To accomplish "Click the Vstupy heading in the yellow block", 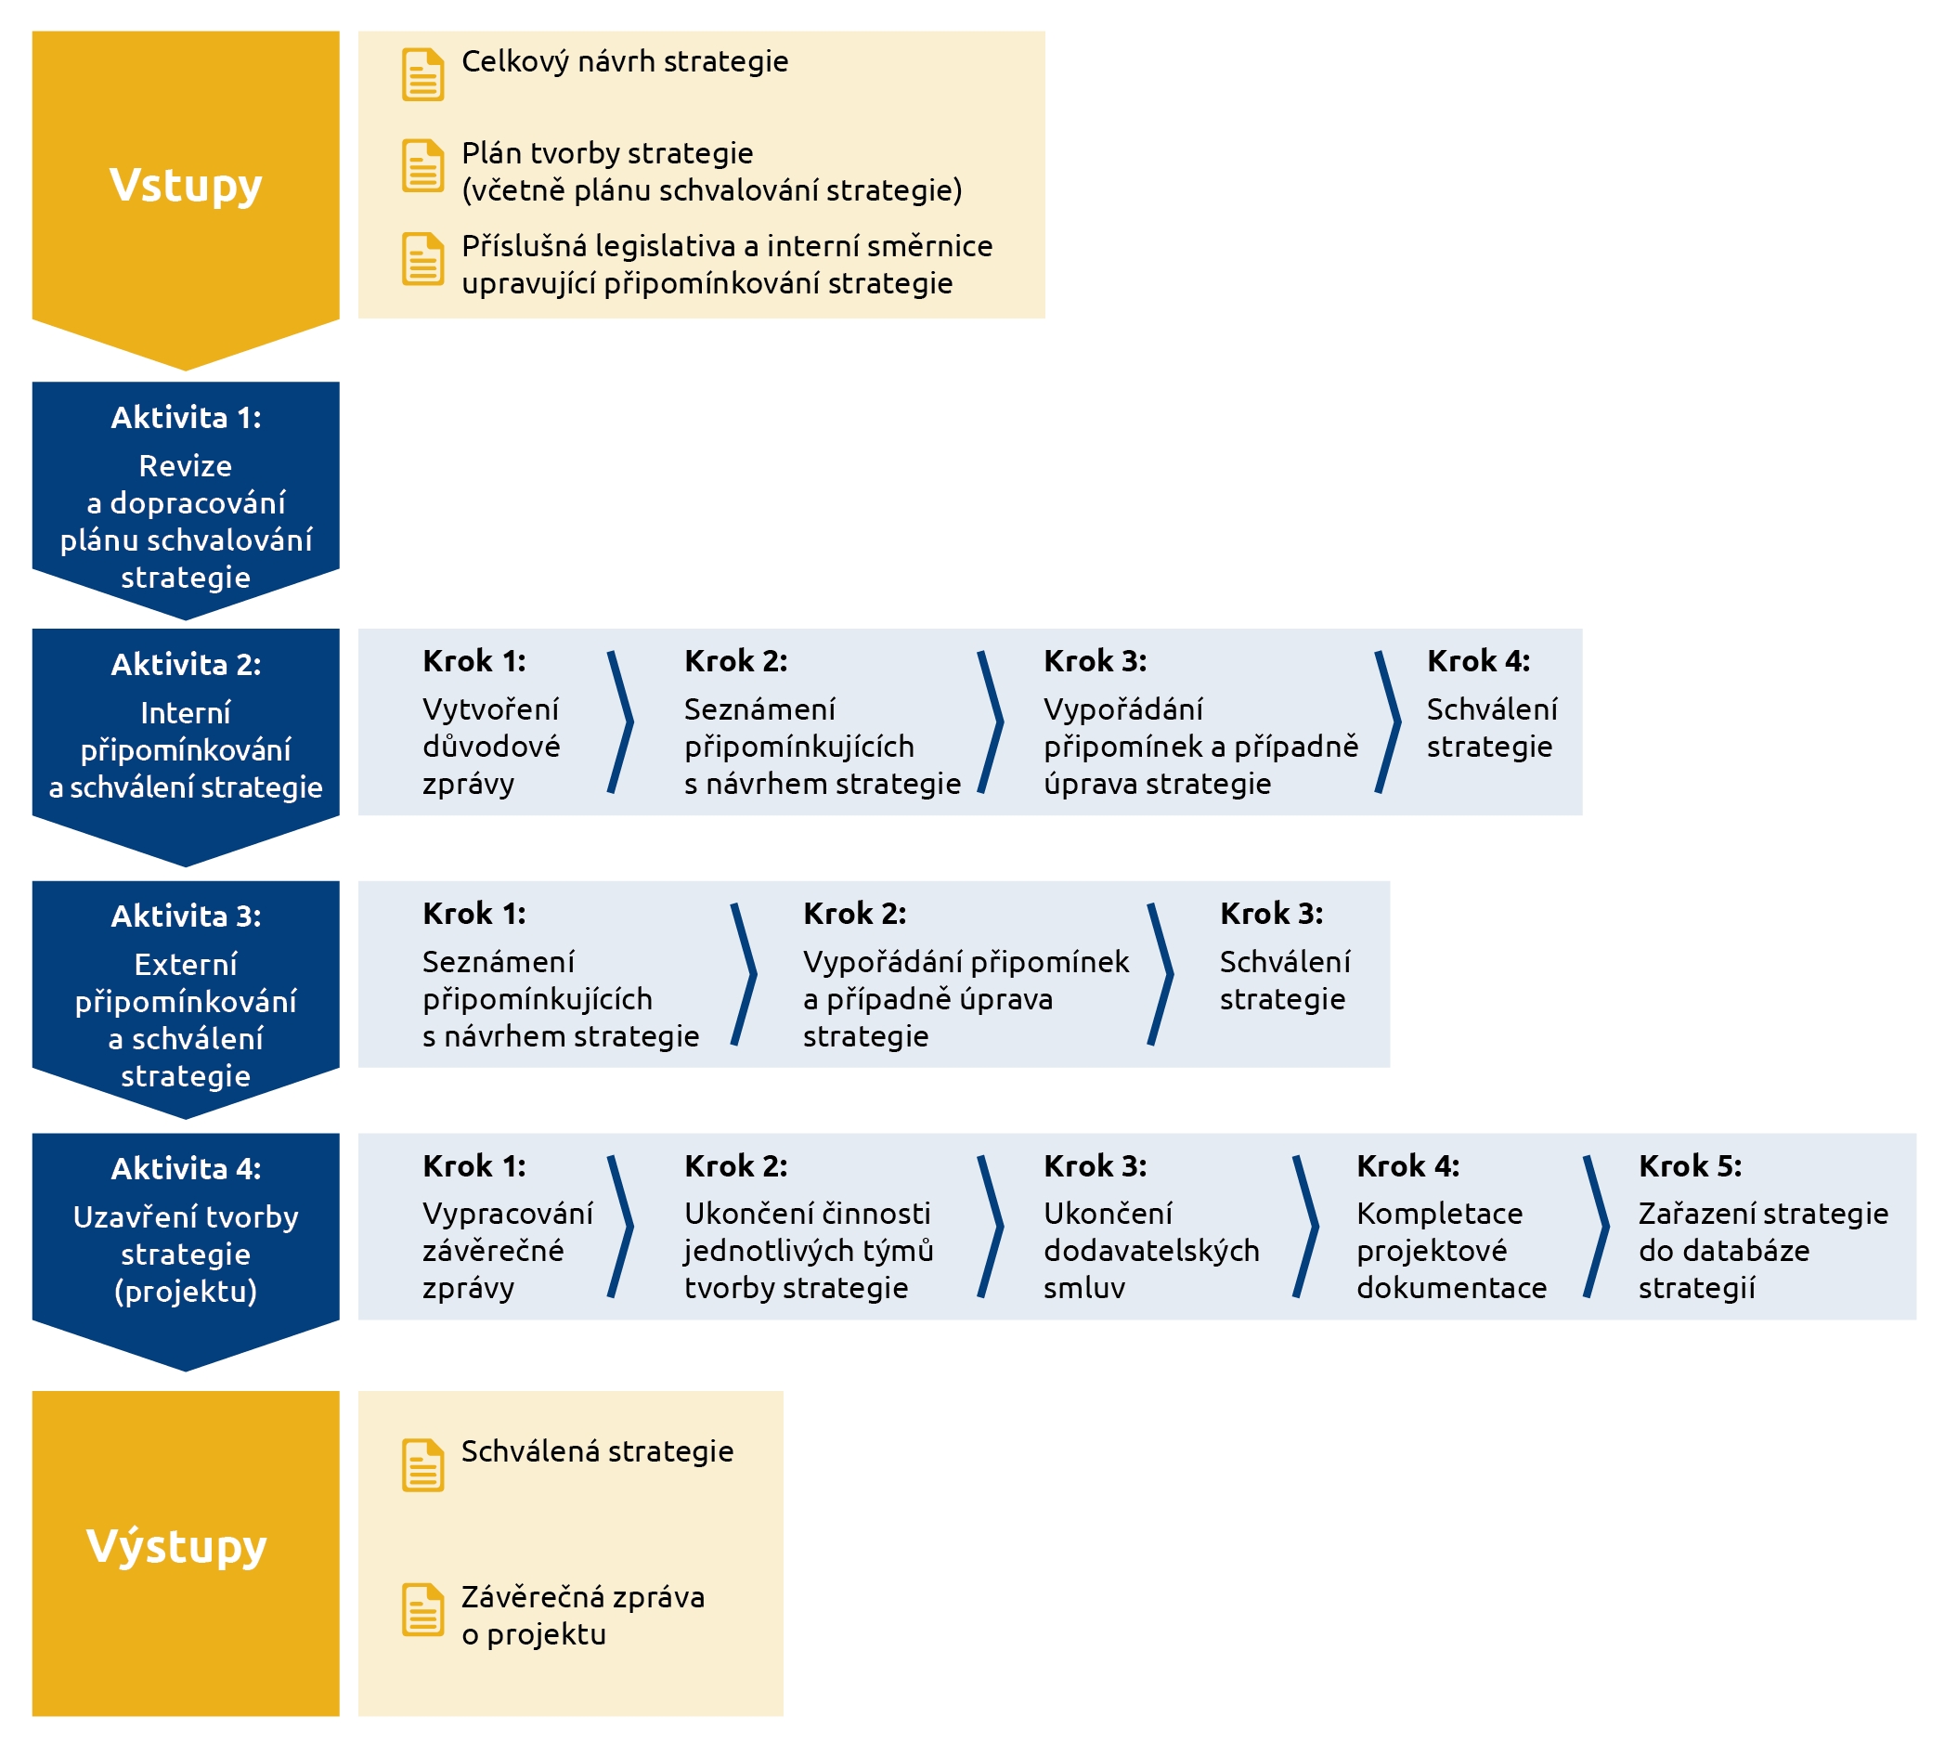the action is pos(186,186).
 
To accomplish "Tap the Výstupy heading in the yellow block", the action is pos(177,1547).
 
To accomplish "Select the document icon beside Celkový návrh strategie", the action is pos(421,74).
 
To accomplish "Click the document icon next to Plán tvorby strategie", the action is pos(421,165).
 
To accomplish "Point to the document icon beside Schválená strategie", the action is pos(421,1465).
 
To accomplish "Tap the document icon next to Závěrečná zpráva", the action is pos(421,1610).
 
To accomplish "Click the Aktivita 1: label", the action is pos(186,417).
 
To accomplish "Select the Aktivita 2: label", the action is pos(186,664).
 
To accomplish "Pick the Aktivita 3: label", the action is pos(186,916).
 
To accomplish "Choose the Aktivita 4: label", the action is pos(186,1168).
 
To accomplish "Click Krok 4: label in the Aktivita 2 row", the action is pos(1478,660).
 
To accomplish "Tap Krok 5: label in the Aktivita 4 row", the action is pos(1690,1165).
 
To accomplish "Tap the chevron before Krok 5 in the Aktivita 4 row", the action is pos(1597,1226).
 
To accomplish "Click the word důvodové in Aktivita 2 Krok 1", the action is pos(492,746).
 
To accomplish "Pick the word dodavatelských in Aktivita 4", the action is pos(1152,1250).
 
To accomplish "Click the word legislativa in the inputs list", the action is pos(665,247).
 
